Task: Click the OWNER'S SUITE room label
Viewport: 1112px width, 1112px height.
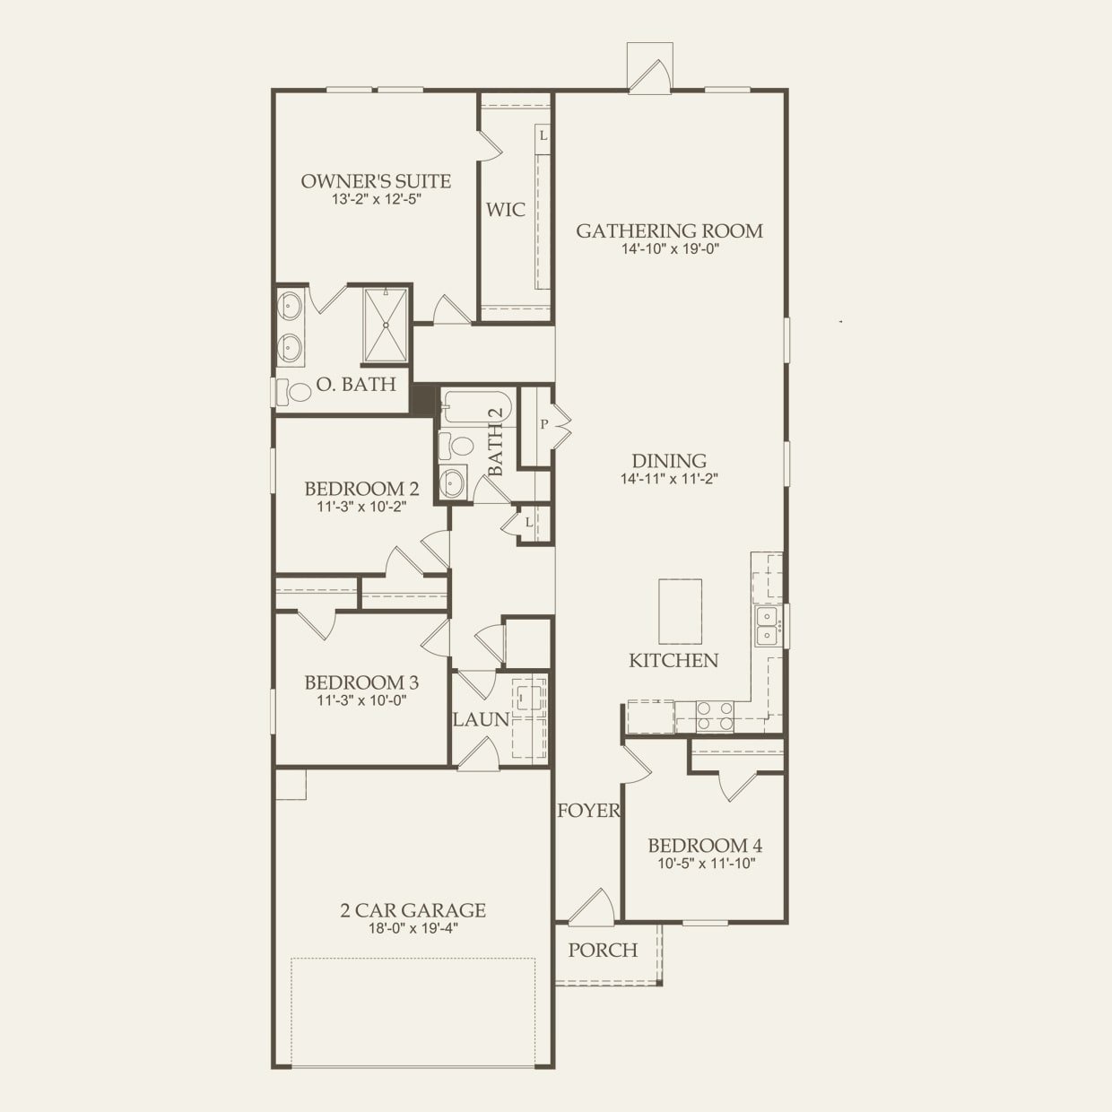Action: point(376,181)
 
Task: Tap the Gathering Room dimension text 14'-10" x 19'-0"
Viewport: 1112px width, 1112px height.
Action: point(670,249)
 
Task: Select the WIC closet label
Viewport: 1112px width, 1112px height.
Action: point(506,210)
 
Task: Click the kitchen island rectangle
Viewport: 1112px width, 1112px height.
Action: point(680,612)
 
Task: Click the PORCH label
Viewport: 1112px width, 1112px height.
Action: point(603,951)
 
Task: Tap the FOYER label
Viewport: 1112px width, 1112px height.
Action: point(588,812)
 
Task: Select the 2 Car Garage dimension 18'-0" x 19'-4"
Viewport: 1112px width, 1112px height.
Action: point(413,928)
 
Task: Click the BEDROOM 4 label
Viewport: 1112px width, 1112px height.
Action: point(705,846)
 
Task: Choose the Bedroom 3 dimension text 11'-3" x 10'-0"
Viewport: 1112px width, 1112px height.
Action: point(361,700)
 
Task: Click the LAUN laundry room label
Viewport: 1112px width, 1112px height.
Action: point(481,719)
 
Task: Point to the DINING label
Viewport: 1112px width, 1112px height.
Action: point(669,462)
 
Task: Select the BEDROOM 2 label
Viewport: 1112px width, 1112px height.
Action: point(361,489)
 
